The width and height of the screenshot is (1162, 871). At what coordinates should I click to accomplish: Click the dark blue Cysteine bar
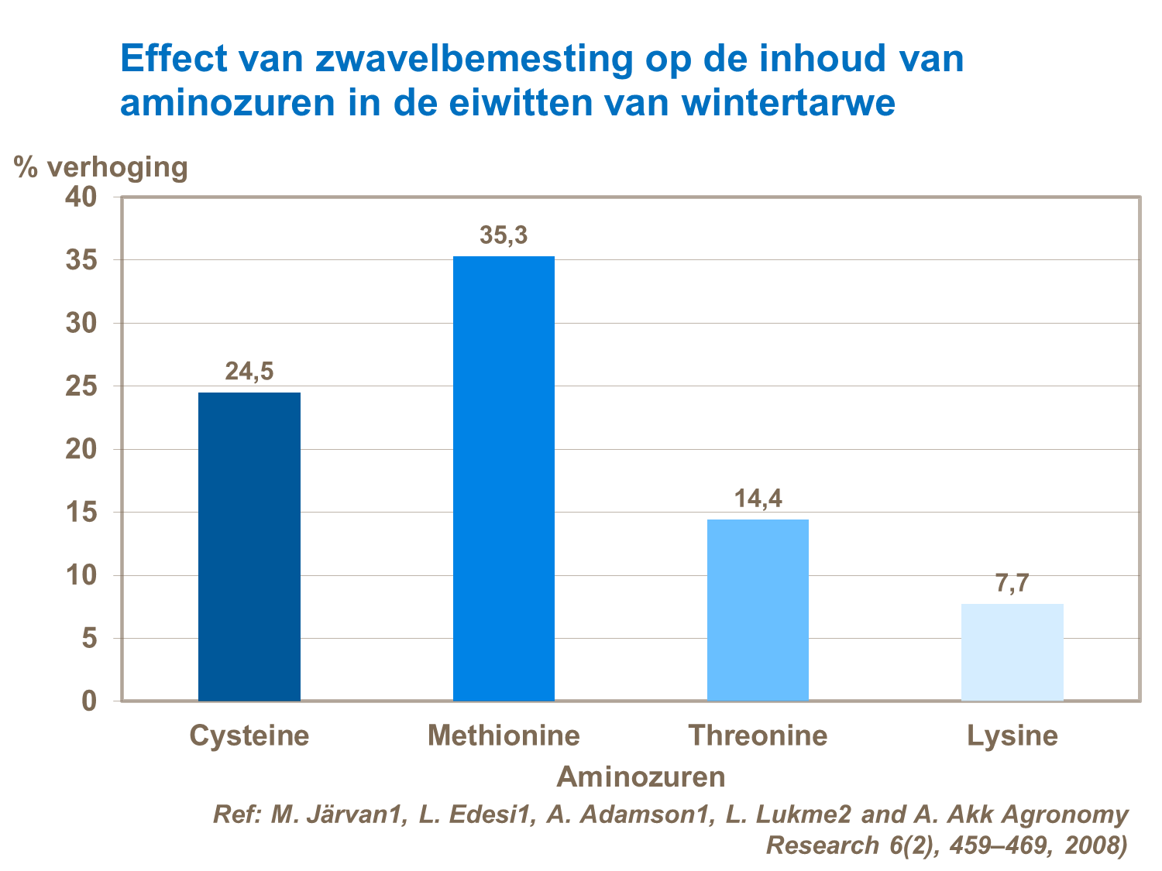pyautogui.click(x=249, y=546)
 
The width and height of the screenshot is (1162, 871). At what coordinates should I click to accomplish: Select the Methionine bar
pyautogui.click(x=504, y=478)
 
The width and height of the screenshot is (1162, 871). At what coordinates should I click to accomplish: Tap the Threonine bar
pyautogui.click(x=758, y=610)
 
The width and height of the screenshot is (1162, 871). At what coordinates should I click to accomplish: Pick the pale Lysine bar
pyautogui.click(x=1012, y=652)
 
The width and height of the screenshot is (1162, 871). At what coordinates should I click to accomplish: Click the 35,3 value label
pyautogui.click(x=504, y=235)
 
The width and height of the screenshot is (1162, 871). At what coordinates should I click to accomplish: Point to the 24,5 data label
pyautogui.click(x=249, y=372)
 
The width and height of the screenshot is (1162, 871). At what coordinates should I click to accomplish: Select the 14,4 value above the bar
pyautogui.click(x=758, y=499)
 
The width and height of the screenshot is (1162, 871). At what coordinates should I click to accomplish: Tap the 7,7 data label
pyautogui.click(x=1012, y=583)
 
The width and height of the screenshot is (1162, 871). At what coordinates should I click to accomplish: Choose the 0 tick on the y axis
pyautogui.click(x=89, y=701)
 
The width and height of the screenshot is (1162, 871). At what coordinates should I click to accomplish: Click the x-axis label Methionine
pyautogui.click(x=504, y=735)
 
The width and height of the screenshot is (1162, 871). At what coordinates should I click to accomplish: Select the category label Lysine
pyautogui.click(x=1012, y=735)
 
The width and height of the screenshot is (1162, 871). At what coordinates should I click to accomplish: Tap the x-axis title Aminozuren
pyautogui.click(x=641, y=776)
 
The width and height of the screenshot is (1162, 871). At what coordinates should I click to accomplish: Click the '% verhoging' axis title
pyautogui.click(x=101, y=167)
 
